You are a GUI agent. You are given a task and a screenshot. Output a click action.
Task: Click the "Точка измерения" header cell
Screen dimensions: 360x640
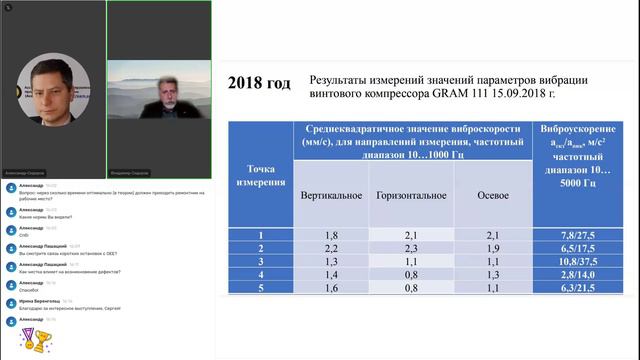(259, 175)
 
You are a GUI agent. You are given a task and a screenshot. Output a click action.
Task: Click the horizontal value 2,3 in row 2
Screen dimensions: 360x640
(413, 247)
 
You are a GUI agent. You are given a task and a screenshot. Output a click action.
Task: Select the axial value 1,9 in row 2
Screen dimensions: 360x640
(491, 247)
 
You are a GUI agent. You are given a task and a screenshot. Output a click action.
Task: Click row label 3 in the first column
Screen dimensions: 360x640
(259, 260)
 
